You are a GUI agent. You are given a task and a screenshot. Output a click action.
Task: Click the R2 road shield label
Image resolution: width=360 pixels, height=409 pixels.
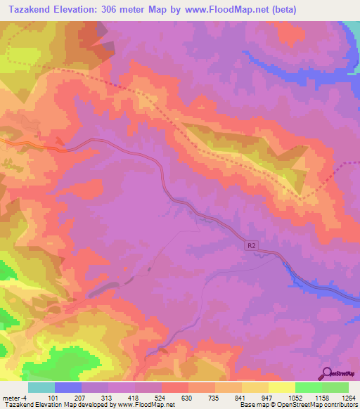(x=252, y=246)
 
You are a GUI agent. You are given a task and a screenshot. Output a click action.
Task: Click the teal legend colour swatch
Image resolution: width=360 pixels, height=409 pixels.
(x=41, y=387)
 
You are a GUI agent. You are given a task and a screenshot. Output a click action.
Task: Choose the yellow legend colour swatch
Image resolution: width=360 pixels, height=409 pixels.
(x=281, y=387)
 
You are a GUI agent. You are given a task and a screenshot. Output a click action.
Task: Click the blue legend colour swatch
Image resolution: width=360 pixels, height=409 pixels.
(x=68, y=387)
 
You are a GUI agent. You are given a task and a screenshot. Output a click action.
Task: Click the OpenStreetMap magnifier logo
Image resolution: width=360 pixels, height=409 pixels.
(x=327, y=374)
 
